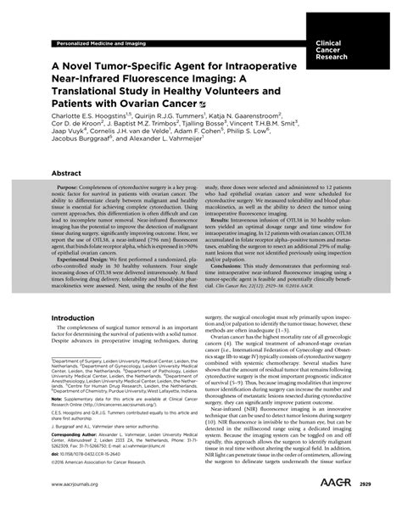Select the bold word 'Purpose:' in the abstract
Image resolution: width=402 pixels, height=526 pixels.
click(73, 209)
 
